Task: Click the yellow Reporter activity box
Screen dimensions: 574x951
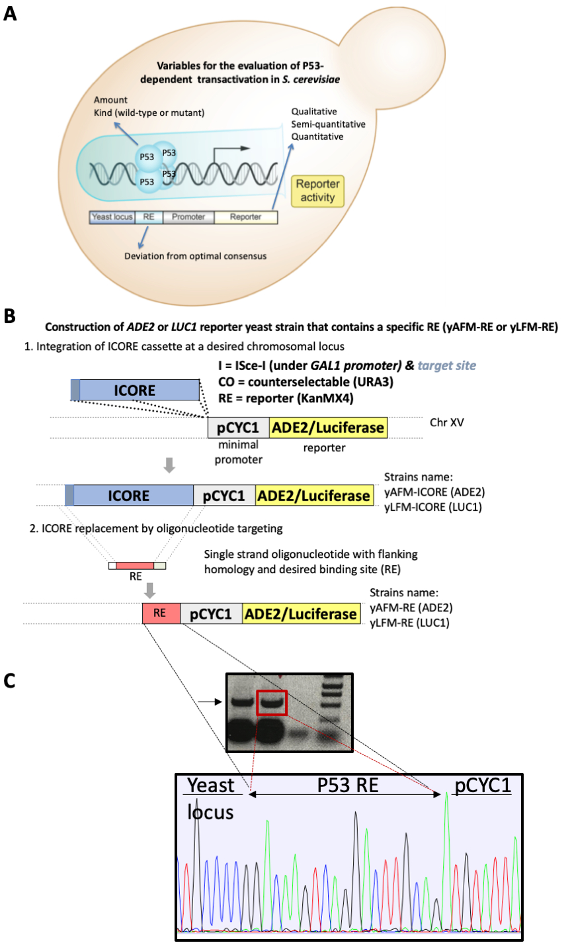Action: (317, 191)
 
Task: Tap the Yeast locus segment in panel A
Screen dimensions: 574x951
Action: (112, 217)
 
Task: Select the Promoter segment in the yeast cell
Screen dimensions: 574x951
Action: (188, 217)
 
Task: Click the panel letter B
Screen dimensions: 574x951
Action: (9, 316)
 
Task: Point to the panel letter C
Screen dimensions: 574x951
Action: (9, 680)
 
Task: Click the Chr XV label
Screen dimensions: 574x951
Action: (447, 422)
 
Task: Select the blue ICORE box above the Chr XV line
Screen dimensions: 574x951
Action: (135, 390)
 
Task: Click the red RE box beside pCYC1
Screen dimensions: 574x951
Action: (161, 613)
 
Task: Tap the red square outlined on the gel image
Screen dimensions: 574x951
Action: (272, 703)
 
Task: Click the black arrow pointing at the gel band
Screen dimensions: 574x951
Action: (210, 702)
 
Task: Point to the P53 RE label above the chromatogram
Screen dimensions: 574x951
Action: (348, 785)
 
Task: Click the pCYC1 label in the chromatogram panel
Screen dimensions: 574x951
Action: (483, 786)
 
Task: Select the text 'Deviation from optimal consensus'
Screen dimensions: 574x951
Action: (195, 256)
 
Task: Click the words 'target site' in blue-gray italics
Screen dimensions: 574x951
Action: (447, 365)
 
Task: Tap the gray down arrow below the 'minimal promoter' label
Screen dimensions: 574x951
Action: (169, 465)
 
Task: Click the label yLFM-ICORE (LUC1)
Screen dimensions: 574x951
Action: (433, 507)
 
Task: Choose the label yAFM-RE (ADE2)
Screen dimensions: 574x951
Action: (411, 608)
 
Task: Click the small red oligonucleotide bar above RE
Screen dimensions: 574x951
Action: (135, 566)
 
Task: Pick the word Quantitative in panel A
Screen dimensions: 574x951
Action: (317, 136)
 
